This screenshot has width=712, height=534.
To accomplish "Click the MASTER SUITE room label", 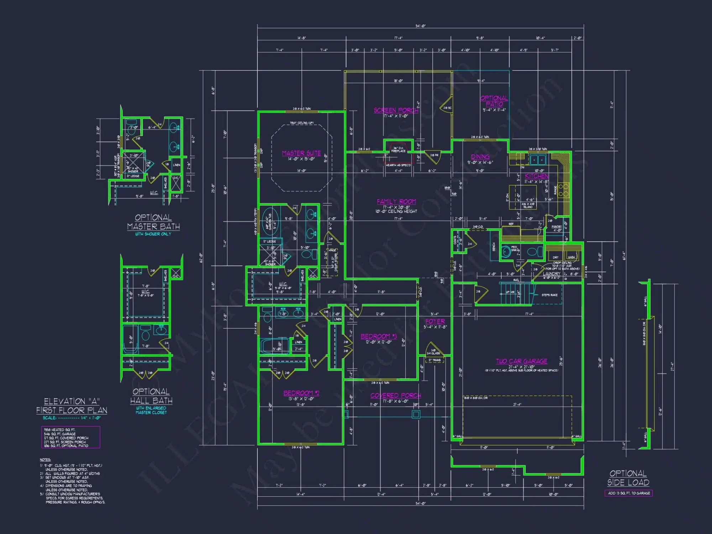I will click(301, 153).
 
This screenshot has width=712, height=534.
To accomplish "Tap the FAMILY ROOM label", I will click(396, 201).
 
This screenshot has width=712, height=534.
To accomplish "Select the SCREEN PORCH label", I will click(396, 110).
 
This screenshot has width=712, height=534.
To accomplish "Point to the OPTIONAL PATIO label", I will click(494, 101).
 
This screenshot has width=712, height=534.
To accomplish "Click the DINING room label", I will click(480, 157).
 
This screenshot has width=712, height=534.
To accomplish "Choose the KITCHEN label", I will click(536, 176).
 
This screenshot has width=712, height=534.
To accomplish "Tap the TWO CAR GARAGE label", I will click(522, 361).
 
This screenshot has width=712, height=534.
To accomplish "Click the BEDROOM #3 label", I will click(378, 336).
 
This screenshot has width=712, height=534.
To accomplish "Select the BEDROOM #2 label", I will click(301, 393).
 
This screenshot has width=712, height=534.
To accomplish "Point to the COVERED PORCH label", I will click(396, 396).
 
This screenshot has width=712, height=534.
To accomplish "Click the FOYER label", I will click(435, 321).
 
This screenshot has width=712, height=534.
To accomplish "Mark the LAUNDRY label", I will click(551, 274).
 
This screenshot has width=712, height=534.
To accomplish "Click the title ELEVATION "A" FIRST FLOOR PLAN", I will click(72, 406).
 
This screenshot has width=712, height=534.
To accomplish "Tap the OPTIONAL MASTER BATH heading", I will click(153, 222).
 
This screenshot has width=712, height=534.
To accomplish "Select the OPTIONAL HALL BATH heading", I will click(151, 396).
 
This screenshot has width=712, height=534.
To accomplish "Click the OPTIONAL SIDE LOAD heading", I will click(628, 478).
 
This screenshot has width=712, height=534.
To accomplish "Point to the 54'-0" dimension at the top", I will click(420, 26).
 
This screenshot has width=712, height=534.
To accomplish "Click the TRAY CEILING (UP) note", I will click(302, 123).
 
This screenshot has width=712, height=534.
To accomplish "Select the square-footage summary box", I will click(70, 437).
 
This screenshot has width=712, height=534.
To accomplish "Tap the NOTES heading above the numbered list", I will click(45, 460).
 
